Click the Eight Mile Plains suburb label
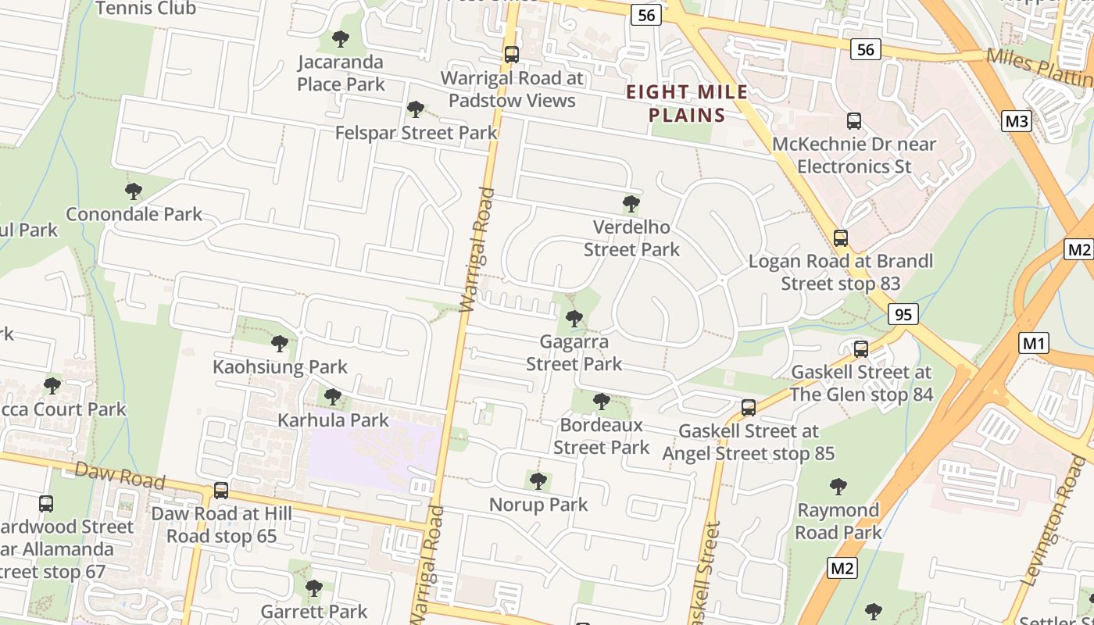687,104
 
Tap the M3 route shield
1016,120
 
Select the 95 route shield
903,314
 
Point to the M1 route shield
1034,342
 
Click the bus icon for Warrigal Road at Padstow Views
512,55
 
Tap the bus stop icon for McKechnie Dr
854,121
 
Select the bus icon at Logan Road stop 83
841,238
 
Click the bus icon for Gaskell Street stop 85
749,408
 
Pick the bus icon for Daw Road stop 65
221,491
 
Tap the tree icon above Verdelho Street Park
631,205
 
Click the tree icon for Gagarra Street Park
574,319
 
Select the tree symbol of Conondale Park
134,191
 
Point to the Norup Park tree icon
538,481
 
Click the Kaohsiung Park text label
280,366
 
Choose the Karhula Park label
333,420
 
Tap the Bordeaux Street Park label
601,436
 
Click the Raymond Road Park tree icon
838,487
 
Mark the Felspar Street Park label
416,133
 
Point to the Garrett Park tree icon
314,588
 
